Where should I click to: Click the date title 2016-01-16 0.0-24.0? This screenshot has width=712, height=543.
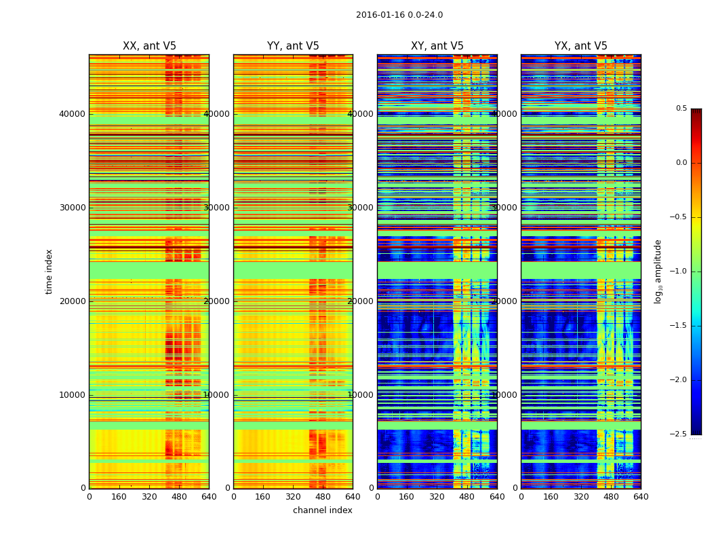(x=399, y=15)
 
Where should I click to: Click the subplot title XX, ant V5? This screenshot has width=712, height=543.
(x=149, y=46)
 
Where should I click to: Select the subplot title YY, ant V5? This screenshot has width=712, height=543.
(x=293, y=46)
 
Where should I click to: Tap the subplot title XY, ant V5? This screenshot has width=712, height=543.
(x=437, y=46)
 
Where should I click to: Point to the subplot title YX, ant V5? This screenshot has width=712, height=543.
(x=581, y=46)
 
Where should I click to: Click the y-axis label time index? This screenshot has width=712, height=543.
(x=49, y=271)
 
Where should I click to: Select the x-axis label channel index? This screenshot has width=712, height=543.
(x=323, y=510)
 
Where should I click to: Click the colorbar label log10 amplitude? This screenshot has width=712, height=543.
(x=658, y=271)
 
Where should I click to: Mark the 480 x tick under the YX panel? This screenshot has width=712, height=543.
(x=611, y=497)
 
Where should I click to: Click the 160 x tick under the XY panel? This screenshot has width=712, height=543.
(x=407, y=497)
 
